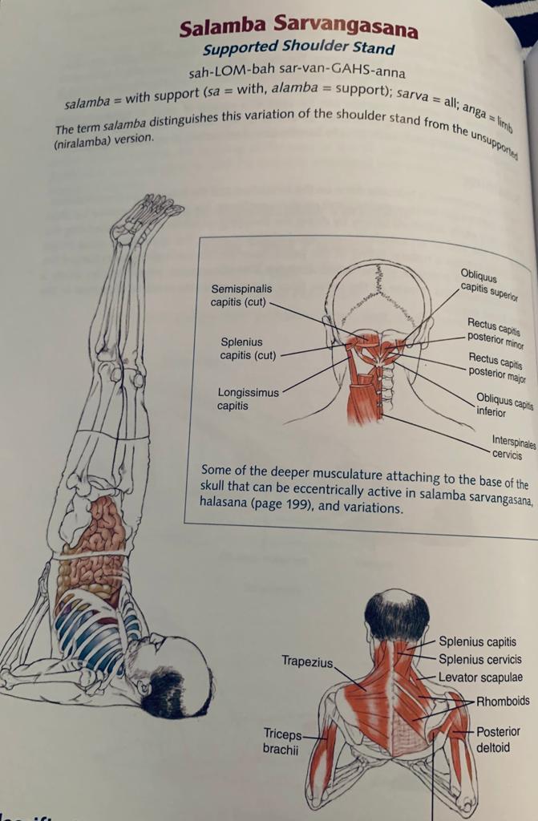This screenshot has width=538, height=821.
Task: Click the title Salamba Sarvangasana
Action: pos(298,26)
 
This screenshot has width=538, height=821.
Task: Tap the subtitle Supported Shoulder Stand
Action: pos(298,48)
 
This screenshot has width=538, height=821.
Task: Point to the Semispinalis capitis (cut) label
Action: pos(241,295)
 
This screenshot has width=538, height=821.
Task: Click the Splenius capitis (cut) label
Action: pos(248,349)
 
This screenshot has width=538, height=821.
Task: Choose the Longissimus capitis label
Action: pos(249,399)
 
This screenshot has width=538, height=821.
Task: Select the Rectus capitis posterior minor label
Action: pos(495,333)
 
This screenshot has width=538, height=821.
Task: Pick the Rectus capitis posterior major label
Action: pos(496,367)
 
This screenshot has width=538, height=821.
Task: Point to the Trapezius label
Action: pos(307,661)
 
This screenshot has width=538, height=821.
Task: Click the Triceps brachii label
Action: pos(283,742)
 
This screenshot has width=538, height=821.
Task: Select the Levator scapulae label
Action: pos(480,677)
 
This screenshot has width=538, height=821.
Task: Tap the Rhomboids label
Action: pos(503,701)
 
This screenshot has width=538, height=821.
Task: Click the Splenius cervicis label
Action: pos(479,659)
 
